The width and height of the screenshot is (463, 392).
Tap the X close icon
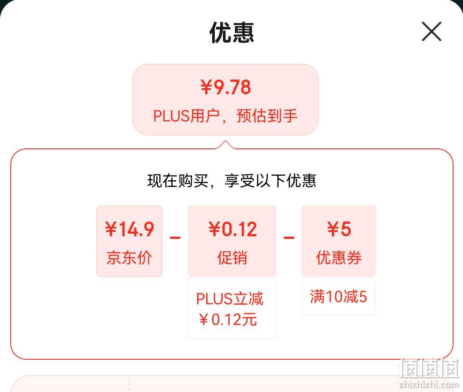431,31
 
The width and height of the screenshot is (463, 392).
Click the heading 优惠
232,33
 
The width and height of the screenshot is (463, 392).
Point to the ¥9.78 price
226,87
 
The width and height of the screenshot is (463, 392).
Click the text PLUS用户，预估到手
225,115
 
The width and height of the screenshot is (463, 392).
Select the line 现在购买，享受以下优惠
232,181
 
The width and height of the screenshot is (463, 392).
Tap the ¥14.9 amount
130,229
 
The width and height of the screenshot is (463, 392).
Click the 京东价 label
129,258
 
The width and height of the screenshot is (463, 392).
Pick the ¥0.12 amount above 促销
233,229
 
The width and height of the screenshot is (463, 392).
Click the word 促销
232,258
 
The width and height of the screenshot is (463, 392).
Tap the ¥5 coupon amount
339,229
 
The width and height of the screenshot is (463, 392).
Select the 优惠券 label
339,258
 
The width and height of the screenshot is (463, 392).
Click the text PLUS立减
230,299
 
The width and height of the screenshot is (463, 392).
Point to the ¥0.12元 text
228,320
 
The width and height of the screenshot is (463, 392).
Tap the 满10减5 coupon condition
338,296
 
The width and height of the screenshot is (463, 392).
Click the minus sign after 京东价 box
175,238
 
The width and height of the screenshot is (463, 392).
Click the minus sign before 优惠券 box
289,238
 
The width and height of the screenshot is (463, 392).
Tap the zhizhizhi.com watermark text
429,384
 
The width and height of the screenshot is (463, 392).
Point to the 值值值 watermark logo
429,368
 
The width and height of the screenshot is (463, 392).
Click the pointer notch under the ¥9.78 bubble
225,145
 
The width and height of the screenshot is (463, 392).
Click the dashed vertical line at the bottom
129,384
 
